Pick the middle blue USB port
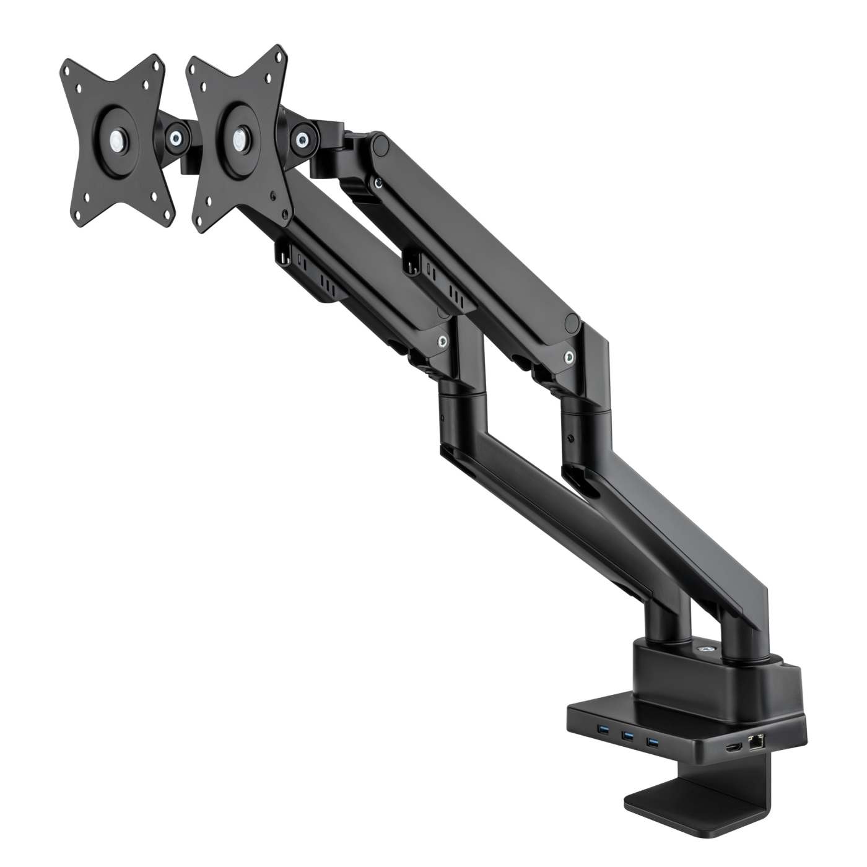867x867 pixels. click(x=627, y=737)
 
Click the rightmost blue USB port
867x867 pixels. click(x=651, y=742)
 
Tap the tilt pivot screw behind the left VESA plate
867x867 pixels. click(x=178, y=135)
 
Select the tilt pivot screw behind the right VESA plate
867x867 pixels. click(x=303, y=136)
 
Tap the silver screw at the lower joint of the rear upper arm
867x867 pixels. click(x=569, y=356)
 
